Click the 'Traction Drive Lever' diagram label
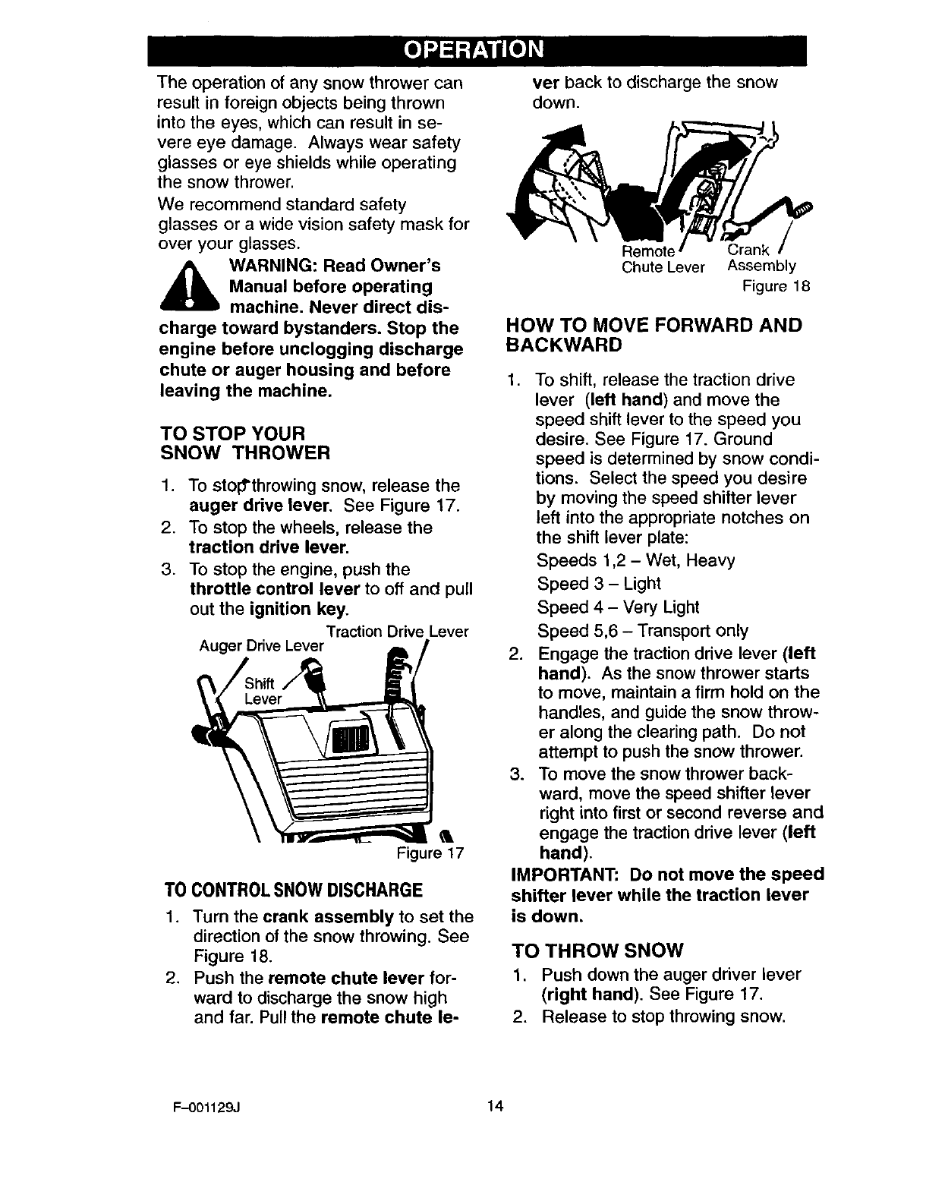coord(397,632)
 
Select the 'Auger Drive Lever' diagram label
coord(261,647)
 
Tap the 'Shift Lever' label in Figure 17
coord(263,692)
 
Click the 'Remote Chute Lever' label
coord(663,260)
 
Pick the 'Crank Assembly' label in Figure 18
coord(761,258)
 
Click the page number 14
coord(496,1105)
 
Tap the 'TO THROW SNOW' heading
coord(598,950)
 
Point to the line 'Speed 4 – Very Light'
coord(618,607)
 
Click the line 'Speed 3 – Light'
coord(598,584)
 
